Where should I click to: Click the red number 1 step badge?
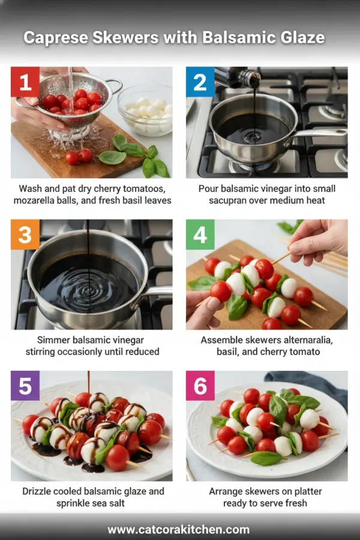click(25, 82)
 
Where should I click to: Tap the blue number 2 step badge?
click(200, 82)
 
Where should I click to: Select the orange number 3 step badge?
click(25, 234)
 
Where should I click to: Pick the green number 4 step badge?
click(200, 234)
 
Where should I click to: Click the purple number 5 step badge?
click(25, 386)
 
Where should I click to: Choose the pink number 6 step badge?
click(200, 386)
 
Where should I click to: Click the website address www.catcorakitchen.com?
click(179, 529)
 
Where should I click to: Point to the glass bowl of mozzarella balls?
click(145, 110)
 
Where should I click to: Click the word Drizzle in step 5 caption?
click(41, 491)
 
